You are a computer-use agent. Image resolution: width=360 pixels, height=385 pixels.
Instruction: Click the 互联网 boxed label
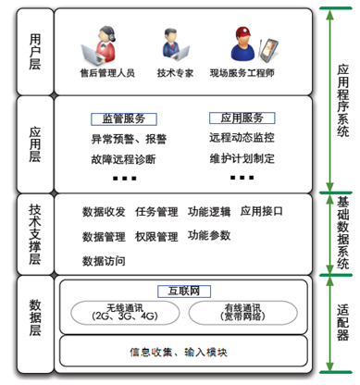click(x=184, y=292)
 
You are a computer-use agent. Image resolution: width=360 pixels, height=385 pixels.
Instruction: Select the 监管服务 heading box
click(x=124, y=119)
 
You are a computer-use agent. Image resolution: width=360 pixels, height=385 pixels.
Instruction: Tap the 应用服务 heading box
click(x=242, y=118)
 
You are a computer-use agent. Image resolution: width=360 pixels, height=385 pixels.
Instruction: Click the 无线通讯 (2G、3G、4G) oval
click(x=125, y=313)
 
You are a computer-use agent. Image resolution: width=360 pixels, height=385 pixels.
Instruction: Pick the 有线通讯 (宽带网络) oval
click(x=243, y=313)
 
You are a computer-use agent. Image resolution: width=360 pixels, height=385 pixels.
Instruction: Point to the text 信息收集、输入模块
click(x=179, y=352)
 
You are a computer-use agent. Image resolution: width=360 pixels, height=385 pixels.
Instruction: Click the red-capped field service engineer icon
click(x=243, y=43)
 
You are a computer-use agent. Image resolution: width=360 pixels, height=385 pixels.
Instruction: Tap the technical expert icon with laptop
click(x=175, y=45)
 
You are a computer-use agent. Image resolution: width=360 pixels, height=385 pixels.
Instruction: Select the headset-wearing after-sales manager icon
click(x=99, y=45)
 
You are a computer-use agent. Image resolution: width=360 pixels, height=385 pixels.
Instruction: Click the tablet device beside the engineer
click(x=268, y=50)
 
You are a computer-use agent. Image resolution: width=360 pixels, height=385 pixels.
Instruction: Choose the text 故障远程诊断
click(x=123, y=159)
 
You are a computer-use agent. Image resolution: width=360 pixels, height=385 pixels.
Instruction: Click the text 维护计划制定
click(x=242, y=158)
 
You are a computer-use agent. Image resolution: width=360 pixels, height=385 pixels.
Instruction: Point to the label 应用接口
click(x=262, y=211)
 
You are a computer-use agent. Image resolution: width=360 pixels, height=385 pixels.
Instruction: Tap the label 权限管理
click(x=156, y=237)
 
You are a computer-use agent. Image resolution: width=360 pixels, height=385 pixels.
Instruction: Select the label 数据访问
click(x=104, y=261)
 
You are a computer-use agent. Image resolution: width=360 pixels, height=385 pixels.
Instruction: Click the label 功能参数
click(x=209, y=236)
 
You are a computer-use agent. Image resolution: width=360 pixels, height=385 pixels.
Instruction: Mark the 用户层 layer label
click(x=35, y=52)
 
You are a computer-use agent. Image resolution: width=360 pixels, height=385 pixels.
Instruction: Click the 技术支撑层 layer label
click(x=35, y=234)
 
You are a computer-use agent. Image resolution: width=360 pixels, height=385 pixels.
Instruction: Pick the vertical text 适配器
click(x=343, y=322)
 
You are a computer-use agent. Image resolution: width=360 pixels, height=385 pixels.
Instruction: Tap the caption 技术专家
click(x=175, y=73)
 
